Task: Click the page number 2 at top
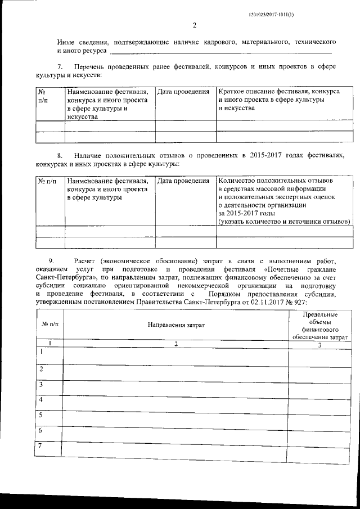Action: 194,25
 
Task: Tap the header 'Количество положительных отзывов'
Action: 275,181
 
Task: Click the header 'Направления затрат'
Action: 176,325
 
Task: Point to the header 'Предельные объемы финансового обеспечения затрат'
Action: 319,326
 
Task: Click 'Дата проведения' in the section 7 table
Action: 184,91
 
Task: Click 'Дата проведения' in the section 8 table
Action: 184,181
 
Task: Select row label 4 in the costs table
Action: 40,399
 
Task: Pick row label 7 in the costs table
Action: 40,446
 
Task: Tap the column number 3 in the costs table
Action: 319,345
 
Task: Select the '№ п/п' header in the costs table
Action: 49,325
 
